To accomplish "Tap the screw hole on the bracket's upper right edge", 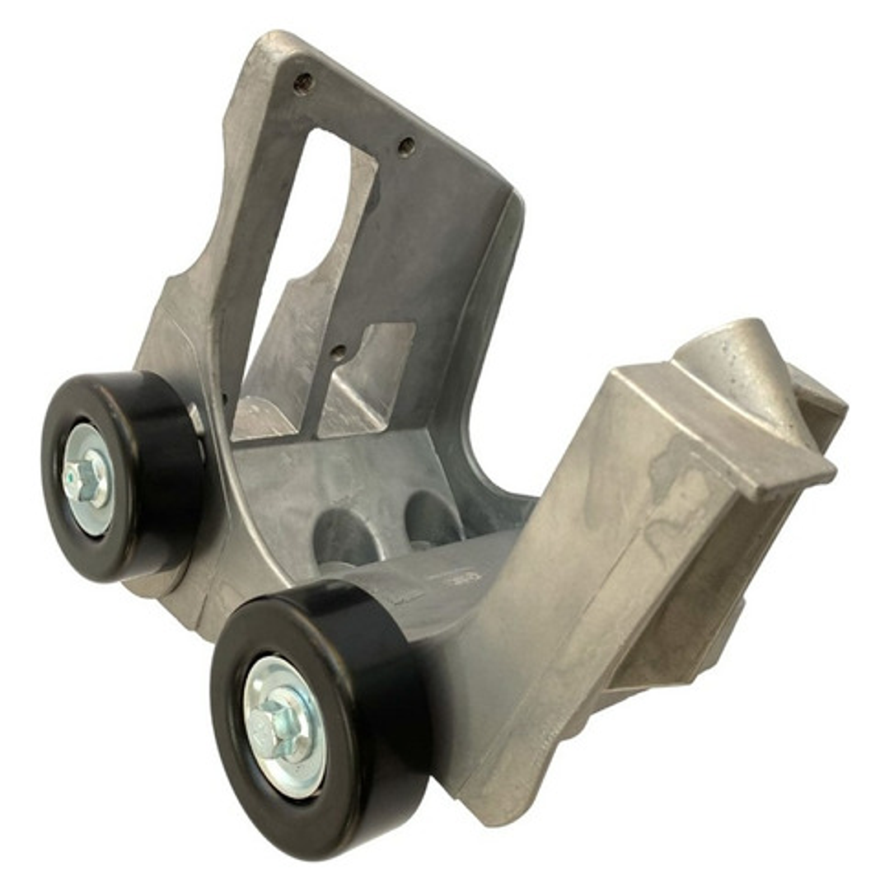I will [x=406, y=147].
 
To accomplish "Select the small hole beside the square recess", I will [x=339, y=352].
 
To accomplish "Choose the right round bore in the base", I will [x=432, y=520].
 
